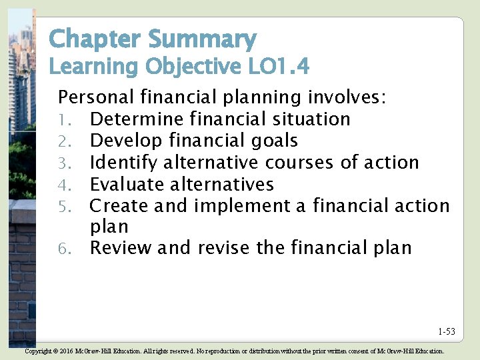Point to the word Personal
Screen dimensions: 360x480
coord(97,97)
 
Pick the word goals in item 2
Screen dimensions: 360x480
coord(274,141)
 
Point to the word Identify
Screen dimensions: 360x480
coord(124,163)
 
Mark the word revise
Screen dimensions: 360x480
coord(224,249)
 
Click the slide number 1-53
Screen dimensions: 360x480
coord(447,331)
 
